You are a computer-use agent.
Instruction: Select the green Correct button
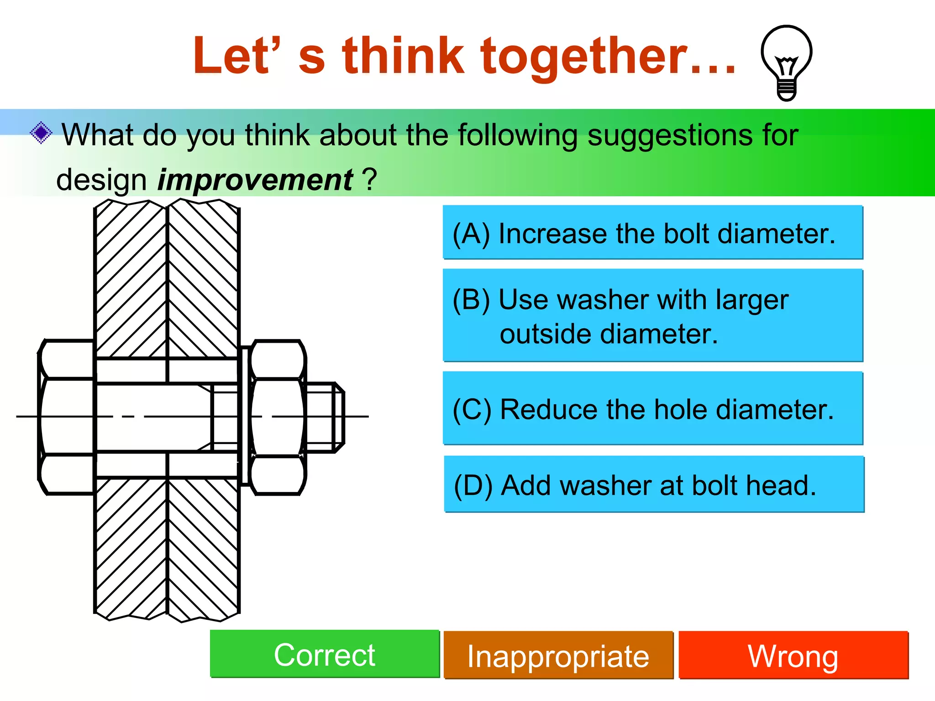click(324, 654)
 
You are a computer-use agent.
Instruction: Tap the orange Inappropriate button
click(558, 656)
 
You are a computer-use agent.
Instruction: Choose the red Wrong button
click(793, 656)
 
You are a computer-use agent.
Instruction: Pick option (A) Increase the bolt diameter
click(652, 233)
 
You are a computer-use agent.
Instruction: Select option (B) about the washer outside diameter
click(652, 316)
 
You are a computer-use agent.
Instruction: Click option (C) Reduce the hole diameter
click(652, 408)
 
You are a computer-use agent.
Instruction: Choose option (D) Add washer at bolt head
click(653, 484)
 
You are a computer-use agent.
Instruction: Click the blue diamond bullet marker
click(41, 133)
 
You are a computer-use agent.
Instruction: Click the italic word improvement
click(255, 180)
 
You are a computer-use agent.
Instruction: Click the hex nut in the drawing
click(277, 417)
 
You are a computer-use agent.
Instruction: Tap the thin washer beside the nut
click(245, 417)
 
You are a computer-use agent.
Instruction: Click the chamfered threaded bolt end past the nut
click(325, 417)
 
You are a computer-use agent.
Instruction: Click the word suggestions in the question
click(650, 135)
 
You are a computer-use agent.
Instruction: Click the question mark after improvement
click(370, 180)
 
